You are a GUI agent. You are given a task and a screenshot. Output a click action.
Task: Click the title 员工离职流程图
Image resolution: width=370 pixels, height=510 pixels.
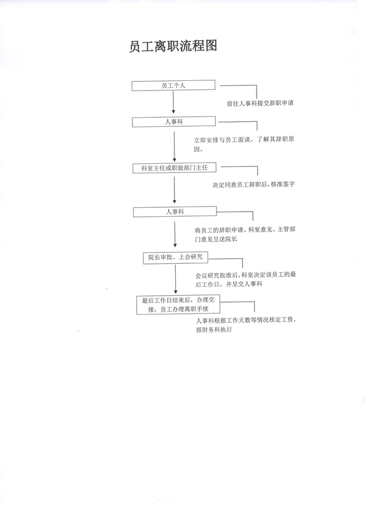point(173,46)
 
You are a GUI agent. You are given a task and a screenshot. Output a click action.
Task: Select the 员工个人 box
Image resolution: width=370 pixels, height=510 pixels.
point(173,85)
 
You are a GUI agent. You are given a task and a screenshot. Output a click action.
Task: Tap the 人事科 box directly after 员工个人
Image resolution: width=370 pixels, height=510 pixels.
point(174,122)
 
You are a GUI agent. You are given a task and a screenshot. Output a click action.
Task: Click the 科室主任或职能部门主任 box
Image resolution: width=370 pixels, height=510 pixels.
point(174,168)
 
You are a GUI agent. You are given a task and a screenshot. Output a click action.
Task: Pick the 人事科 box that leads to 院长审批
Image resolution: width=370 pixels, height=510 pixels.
point(174,212)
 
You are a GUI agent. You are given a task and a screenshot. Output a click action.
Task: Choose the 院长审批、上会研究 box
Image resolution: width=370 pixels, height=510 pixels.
point(175,258)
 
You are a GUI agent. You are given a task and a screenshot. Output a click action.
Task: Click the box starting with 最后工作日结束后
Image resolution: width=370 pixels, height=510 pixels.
point(178,305)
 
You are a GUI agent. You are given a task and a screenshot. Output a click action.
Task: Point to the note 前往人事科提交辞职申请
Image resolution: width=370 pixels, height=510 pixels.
point(260,103)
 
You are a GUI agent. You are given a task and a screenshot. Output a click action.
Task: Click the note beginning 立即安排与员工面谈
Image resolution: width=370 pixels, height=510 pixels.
point(245,144)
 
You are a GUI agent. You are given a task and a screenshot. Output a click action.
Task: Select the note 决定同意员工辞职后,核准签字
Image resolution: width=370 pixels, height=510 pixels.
point(253,184)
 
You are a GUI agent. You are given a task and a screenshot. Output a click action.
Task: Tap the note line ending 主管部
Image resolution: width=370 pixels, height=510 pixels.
point(245,229)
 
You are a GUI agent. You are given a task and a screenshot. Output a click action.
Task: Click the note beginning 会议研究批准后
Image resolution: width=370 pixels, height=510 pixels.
point(246,279)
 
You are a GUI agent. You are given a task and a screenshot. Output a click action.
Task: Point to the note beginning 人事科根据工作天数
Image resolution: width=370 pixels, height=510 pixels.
point(246,324)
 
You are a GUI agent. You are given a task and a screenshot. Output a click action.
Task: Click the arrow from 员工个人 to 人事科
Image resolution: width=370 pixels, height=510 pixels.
point(173,102)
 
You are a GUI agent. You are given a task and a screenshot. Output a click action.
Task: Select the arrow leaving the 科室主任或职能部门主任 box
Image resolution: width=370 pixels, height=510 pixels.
point(174,190)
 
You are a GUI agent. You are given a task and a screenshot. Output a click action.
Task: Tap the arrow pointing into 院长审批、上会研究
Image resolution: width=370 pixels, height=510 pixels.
point(175,235)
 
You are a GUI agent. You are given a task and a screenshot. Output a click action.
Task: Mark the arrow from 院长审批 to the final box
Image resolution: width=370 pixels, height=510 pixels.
point(176,279)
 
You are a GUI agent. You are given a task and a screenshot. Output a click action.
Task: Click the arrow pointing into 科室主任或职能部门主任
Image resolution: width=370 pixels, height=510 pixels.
point(174,147)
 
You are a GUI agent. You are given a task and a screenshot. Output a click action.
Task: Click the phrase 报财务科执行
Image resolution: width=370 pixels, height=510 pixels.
point(214,330)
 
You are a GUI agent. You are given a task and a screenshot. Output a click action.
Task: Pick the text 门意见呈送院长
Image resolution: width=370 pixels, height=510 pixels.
point(216,239)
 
